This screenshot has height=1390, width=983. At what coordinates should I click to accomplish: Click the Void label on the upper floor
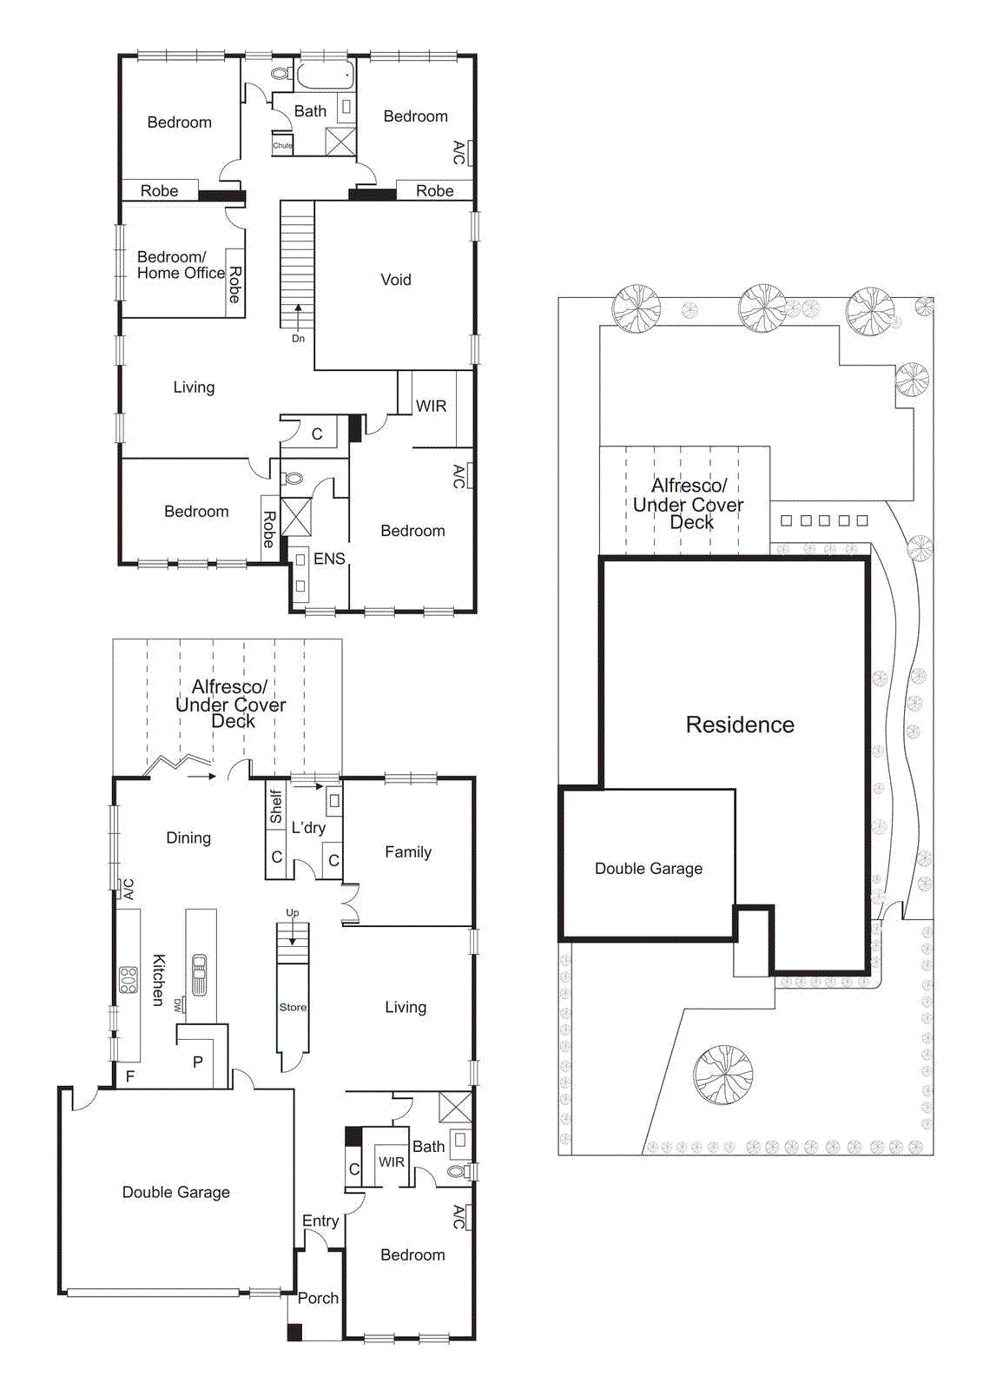pos(395,280)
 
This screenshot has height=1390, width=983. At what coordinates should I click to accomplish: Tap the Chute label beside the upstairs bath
pos(282,146)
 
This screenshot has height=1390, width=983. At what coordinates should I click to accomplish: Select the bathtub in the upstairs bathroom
pos(327,75)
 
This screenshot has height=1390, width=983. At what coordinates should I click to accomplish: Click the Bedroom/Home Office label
pos(180,265)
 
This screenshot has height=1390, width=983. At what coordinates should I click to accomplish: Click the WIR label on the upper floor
pos(431,406)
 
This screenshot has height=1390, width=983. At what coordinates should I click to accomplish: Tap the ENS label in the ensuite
pos(329,559)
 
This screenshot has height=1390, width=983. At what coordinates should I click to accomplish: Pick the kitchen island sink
pos(200,975)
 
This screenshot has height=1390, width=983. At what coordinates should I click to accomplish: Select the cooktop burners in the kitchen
pos(129,980)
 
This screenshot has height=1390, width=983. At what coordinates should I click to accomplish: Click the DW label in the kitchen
pos(178,1004)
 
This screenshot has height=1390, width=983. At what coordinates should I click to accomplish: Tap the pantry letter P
pos(198,1062)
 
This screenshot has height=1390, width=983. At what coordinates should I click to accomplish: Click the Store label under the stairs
pos(293,1007)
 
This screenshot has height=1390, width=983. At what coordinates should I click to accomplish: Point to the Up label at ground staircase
pos(293,913)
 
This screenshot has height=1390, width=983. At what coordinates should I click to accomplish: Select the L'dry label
pos(308,828)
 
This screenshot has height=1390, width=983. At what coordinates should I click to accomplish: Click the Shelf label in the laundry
pos(276,806)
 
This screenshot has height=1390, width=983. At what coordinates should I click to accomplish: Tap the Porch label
pos(318,1298)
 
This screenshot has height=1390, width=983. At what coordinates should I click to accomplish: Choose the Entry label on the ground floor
pos(320,1221)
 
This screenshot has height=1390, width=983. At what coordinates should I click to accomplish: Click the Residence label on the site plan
pos(740,725)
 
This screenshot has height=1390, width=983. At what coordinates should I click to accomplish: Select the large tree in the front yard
pos(722,1075)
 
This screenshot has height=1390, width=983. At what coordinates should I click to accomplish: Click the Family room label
pos(408,852)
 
